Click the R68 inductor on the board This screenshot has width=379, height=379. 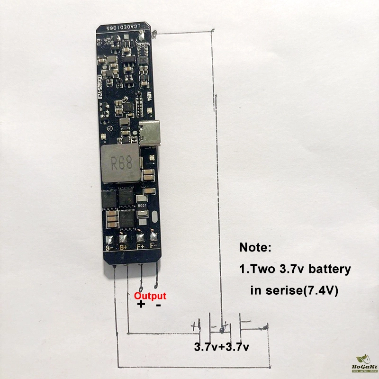coord(120,165)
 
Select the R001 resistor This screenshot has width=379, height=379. coord(143,206)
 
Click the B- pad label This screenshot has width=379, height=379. coord(110,247)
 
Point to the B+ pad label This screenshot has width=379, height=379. coord(124,247)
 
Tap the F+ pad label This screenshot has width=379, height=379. coord(140,247)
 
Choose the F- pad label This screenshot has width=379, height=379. coord(153,246)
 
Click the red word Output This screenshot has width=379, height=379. coord(150,296)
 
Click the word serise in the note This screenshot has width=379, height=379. coord(280,290)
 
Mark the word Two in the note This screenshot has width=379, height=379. coord(262,269)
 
